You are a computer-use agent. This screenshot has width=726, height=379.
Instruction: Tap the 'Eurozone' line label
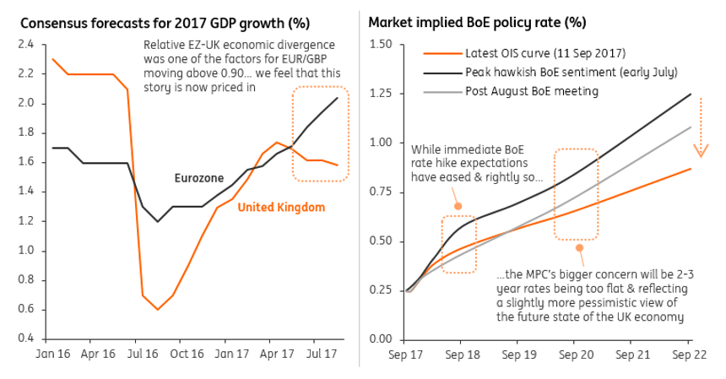coord(199,178)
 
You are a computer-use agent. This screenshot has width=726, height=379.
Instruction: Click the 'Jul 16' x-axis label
coord(146,355)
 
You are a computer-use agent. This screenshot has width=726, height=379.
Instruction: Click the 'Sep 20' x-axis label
coord(576,355)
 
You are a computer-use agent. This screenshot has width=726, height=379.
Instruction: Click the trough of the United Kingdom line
coord(157,310)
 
